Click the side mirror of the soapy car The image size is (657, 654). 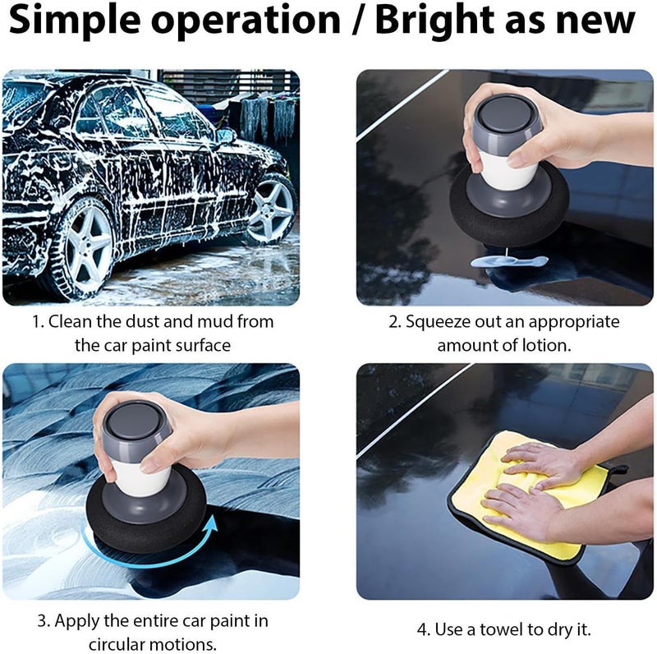pos(226,136)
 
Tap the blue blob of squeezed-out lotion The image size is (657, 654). pos(509,262)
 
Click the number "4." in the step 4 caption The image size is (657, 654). pos(424,629)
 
